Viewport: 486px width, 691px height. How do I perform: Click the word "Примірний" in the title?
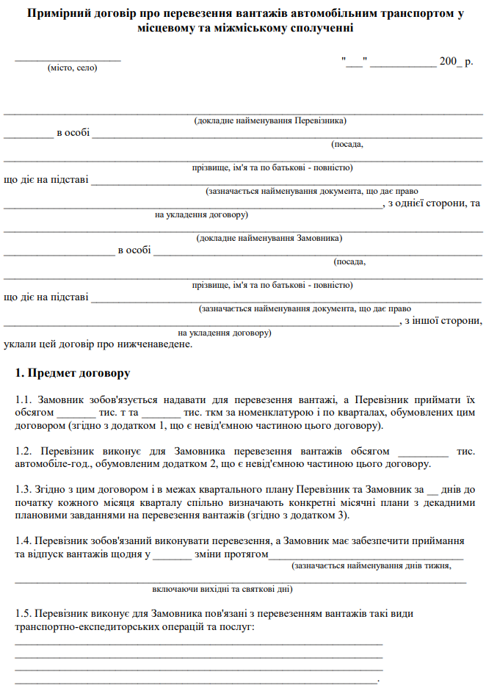click(x=55, y=14)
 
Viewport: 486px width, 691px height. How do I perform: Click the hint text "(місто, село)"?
click(x=72, y=68)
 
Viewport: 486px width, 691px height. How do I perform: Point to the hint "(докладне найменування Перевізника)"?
click(x=269, y=120)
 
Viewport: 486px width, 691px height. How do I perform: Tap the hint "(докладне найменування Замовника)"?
click(x=269, y=238)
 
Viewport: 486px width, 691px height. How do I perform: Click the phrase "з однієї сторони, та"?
click(x=434, y=203)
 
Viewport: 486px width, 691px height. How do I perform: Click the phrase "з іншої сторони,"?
click(x=443, y=321)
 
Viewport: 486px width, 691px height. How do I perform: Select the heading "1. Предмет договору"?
click(x=73, y=373)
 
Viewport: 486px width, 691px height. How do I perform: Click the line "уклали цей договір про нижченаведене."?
click(x=98, y=343)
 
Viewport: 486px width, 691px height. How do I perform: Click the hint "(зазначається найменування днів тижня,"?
click(x=371, y=566)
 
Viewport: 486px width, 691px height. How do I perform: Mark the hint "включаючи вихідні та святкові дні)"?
click(x=222, y=589)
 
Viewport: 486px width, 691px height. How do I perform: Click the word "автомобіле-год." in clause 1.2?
click(x=49, y=464)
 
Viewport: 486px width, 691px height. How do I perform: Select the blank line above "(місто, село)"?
click(x=68, y=59)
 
